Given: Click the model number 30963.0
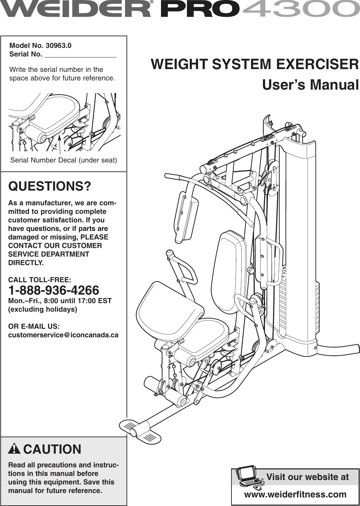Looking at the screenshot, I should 58,46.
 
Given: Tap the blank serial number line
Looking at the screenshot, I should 80,55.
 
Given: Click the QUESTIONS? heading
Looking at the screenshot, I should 50,186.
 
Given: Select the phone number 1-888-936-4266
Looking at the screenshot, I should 54,290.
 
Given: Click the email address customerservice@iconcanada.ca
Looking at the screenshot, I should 63,335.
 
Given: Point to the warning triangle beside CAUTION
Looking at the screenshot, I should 14,449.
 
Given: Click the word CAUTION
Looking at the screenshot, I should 52,449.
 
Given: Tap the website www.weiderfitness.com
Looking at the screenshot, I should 295,494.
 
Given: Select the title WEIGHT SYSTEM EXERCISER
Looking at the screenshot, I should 255,64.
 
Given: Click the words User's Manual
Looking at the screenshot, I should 310,85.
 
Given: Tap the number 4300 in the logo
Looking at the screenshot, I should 301,9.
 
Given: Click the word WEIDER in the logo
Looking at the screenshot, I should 75,9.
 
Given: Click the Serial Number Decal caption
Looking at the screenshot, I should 64,160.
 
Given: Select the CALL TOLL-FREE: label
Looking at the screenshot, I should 40,280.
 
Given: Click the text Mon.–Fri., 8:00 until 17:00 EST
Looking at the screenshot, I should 60,301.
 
